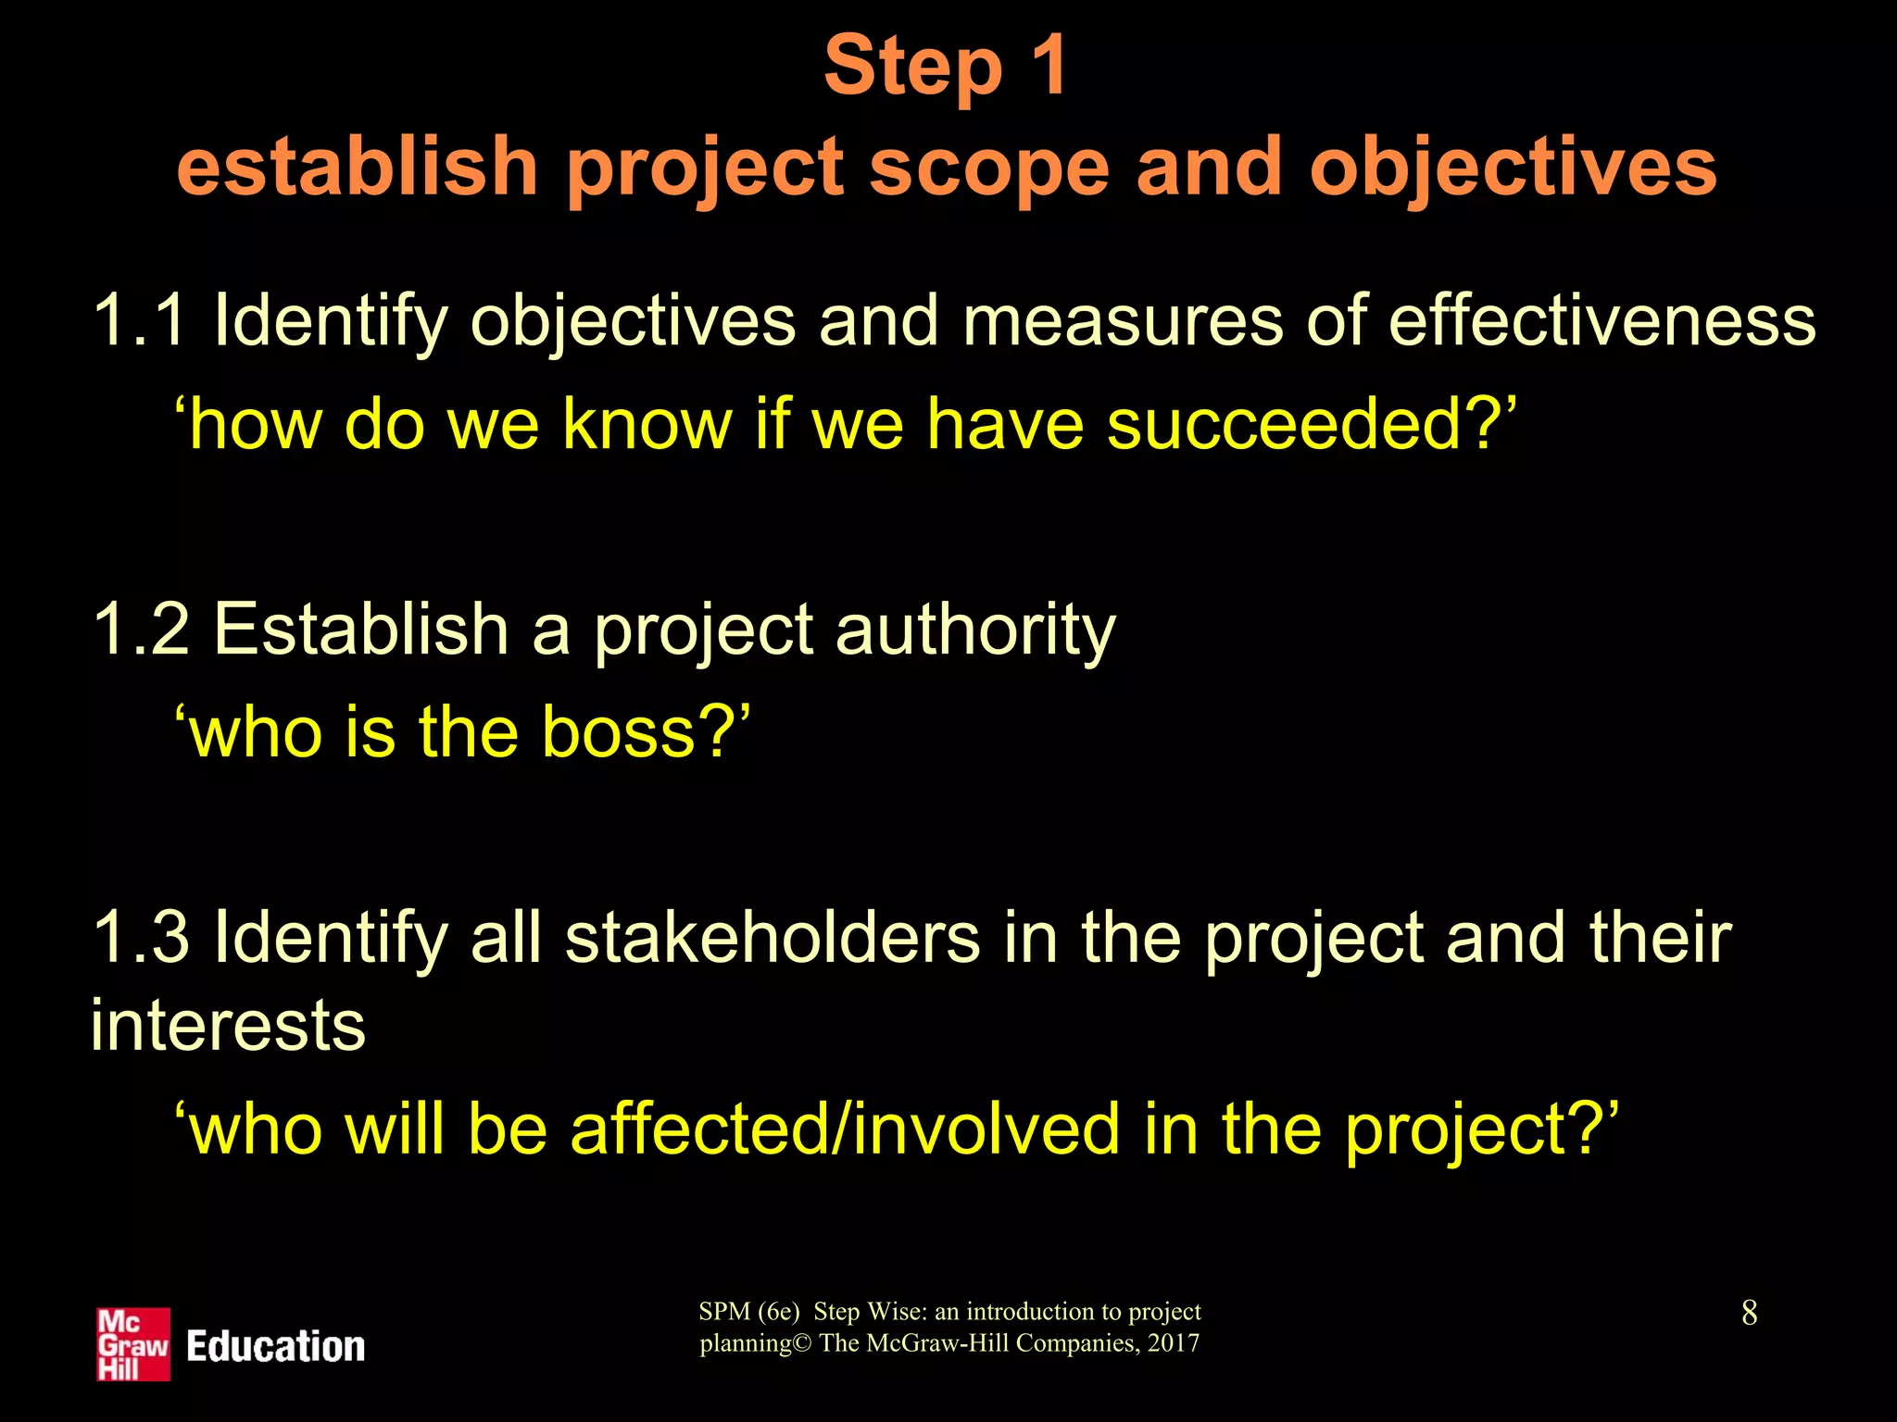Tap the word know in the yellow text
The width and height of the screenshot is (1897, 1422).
(647, 425)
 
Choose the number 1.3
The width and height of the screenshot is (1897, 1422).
(140, 938)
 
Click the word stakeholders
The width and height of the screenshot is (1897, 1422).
(772, 938)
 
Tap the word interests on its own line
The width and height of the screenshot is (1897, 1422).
(228, 1026)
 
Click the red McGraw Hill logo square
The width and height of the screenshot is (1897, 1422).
(133, 1344)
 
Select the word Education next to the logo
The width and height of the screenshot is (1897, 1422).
(275, 1346)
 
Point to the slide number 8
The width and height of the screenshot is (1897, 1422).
(1749, 1313)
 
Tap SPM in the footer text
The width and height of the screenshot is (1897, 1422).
(723, 1312)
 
